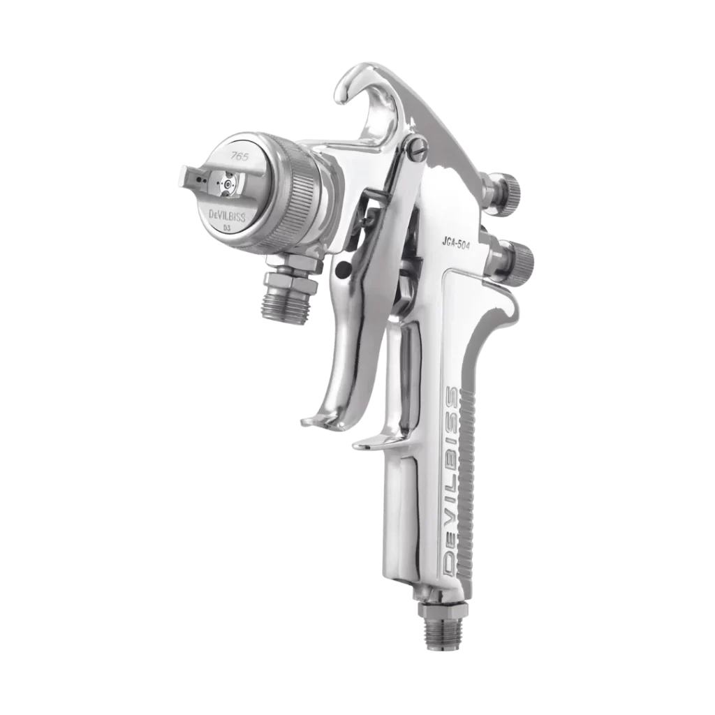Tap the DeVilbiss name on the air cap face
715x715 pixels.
[x=227, y=216]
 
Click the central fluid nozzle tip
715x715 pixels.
[x=227, y=184]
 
